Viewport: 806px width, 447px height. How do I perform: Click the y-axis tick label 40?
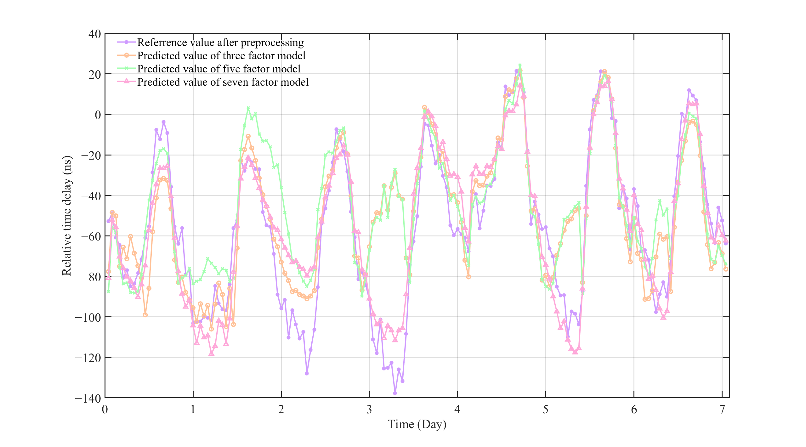94,34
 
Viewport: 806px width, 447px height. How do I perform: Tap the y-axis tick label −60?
91,236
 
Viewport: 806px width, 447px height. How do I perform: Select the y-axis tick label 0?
98,115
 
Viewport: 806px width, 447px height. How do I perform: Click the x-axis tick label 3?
369,410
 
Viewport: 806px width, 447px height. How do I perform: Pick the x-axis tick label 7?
722,410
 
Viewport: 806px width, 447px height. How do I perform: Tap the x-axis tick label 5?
545,410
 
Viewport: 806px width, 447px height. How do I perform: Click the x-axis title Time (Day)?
417,424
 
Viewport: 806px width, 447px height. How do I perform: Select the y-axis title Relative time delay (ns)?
67,216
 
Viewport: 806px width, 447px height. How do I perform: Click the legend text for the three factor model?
221,56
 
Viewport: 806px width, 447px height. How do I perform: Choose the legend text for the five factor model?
219,69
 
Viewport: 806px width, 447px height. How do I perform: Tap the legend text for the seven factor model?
223,82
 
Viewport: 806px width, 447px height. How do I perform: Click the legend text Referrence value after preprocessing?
220,42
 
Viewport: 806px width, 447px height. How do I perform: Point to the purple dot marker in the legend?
126,42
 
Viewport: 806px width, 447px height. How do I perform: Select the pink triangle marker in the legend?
126,81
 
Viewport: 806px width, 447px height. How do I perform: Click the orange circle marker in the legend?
126,55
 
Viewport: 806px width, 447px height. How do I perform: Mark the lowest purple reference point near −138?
395,393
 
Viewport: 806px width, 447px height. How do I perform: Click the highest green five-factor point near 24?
520,65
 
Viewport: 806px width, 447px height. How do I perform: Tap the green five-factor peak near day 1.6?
248,108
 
